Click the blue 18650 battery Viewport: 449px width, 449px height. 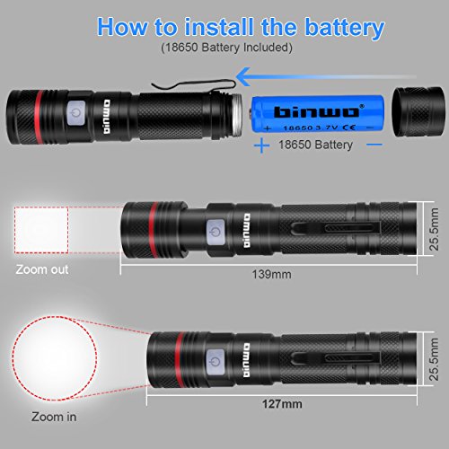point(317,114)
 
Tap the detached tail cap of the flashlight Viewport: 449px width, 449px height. point(418,112)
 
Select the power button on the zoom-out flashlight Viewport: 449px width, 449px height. point(216,232)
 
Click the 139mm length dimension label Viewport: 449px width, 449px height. point(271,274)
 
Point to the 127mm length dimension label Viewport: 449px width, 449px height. point(282,404)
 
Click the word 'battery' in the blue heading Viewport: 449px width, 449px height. point(344,28)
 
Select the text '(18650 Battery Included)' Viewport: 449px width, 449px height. point(226,48)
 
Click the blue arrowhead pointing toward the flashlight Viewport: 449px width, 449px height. point(243,76)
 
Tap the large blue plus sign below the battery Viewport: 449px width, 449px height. point(262,145)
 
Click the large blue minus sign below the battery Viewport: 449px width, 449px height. point(374,145)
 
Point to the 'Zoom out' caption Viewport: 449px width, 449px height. point(42,269)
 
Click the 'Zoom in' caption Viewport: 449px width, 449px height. point(54,417)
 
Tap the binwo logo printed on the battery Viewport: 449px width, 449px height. point(318,111)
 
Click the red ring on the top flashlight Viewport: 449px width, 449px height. point(39,117)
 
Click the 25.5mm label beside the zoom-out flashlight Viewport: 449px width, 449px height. point(434,229)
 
